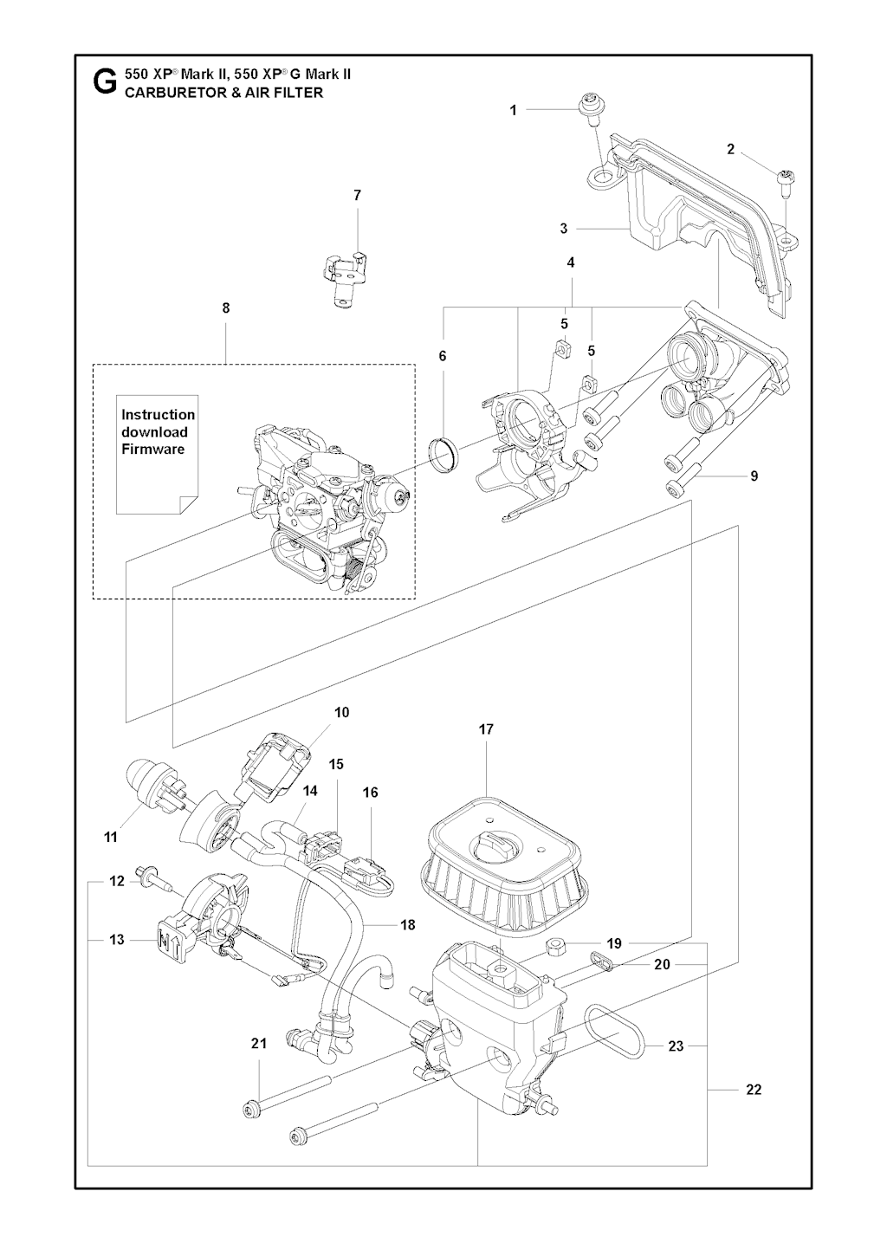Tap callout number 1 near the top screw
coord(513,110)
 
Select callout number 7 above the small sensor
coord(357,196)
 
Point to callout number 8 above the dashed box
coord(226,308)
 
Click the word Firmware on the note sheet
coord(152,449)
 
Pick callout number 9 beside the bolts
coord(754,476)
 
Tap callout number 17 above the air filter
coord(486,729)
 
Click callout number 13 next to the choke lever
coord(117,939)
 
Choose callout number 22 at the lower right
coord(754,1089)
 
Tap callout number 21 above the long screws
coord(259,1044)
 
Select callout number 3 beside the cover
coord(564,229)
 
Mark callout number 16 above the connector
coord(370,792)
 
